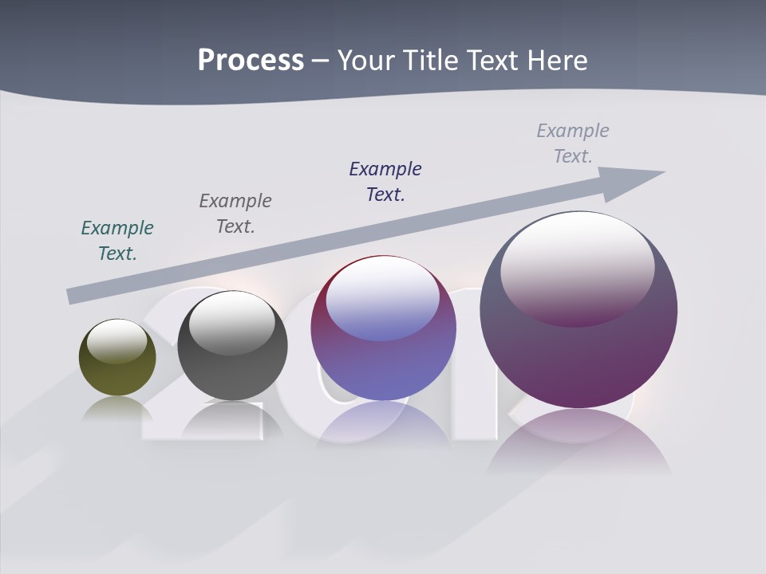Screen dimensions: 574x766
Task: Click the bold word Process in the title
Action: point(251,61)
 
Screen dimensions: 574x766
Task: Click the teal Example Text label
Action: point(117,241)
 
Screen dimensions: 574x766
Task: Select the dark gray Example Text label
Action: point(235,214)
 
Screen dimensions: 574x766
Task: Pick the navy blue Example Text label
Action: point(385,182)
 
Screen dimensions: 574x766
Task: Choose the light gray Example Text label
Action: point(573,143)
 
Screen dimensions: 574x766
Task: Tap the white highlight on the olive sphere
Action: point(117,341)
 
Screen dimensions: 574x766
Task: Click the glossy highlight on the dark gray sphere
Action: point(232,322)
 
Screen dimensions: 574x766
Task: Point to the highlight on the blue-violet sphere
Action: point(383,299)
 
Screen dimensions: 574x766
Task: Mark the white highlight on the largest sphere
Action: point(578,267)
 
